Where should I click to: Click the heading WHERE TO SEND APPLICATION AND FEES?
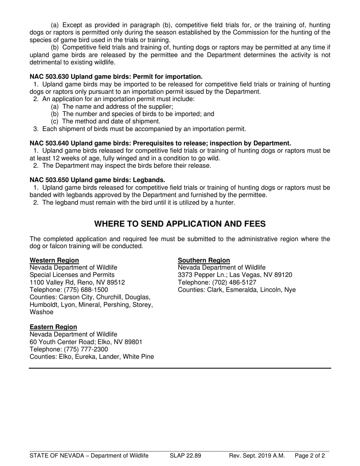tap(180, 224)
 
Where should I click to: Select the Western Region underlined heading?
tap(54, 260)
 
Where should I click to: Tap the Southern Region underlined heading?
tap(204, 260)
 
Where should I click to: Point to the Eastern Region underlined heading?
tap(53, 327)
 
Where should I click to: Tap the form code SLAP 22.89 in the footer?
tap(185, 456)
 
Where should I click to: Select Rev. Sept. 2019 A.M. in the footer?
tap(257, 456)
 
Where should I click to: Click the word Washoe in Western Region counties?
tap(42, 312)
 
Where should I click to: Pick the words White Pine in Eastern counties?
tap(139, 357)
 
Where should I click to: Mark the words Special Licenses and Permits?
tap(72, 275)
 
